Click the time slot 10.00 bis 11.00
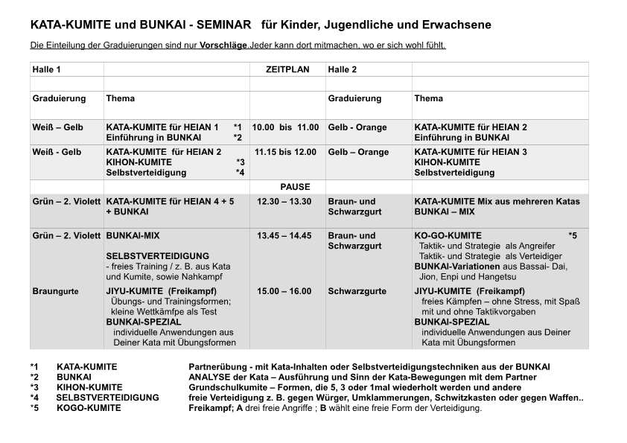click(x=285, y=127)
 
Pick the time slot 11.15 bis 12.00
click(x=285, y=152)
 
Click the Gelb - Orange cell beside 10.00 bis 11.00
click(x=357, y=127)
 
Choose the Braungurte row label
click(x=55, y=291)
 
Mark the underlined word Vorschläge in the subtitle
click(x=223, y=45)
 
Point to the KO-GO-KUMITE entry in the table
click(x=448, y=235)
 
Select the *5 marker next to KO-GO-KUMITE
click(x=573, y=235)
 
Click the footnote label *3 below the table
click(x=34, y=387)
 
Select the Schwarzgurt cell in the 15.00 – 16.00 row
click(x=357, y=291)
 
